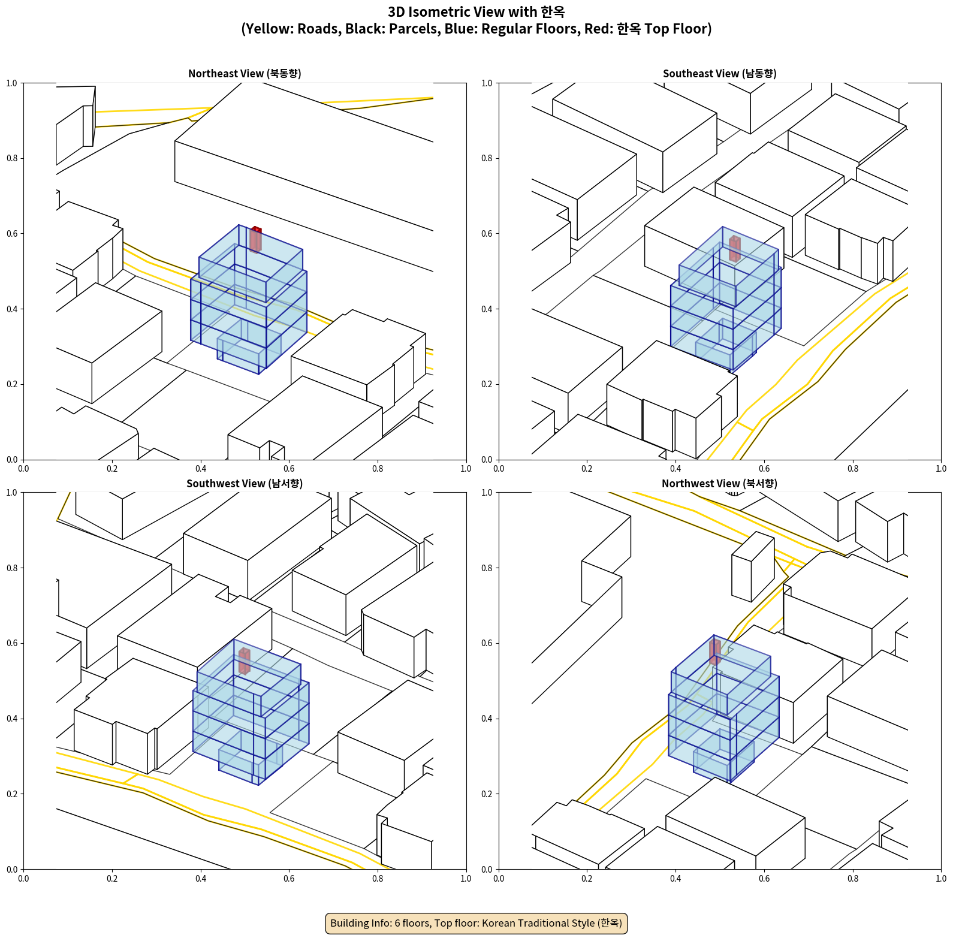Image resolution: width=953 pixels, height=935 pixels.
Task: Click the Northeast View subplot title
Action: (x=245, y=74)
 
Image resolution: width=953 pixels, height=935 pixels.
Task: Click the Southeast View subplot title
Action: (x=719, y=74)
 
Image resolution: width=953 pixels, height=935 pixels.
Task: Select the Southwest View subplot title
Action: (x=245, y=484)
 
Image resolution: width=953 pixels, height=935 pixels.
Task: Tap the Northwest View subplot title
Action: (x=719, y=484)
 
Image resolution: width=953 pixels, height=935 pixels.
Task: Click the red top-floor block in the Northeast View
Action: (x=255, y=239)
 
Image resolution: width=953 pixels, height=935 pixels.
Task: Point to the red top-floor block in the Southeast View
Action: (x=734, y=249)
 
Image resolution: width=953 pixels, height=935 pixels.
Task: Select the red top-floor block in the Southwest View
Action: (x=244, y=660)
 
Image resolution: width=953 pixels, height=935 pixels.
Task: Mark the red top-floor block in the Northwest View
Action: (x=714, y=652)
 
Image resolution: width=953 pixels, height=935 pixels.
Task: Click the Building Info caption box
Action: (x=476, y=923)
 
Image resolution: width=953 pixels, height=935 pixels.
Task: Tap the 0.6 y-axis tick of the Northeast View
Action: (x=12, y=234)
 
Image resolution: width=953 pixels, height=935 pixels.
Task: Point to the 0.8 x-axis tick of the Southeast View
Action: (x=852, y=469)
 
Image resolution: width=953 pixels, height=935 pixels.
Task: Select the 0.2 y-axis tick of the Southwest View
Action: (x=12, y=794)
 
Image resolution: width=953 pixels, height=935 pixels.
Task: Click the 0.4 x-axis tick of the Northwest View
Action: (x=675, y=879)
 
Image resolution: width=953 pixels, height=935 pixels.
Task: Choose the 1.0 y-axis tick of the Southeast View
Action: (x=487, y=83)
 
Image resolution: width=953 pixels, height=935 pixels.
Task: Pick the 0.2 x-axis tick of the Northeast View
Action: (x=112, y=469)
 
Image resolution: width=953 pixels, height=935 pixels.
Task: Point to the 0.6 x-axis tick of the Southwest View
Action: (x=289, y=879)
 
